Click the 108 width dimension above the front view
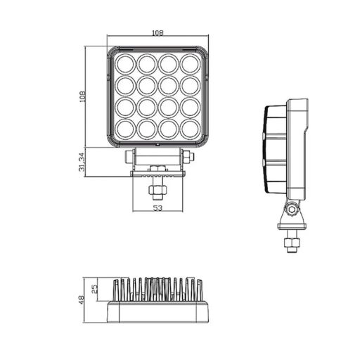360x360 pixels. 158,32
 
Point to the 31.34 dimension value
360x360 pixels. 82,162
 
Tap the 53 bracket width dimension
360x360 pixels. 157,208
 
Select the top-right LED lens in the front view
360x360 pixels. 189,65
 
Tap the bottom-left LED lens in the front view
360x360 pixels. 125,129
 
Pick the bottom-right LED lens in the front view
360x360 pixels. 189,129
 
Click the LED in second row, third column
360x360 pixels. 168,86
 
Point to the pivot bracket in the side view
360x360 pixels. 291,213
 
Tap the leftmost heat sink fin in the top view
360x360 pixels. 114,289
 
